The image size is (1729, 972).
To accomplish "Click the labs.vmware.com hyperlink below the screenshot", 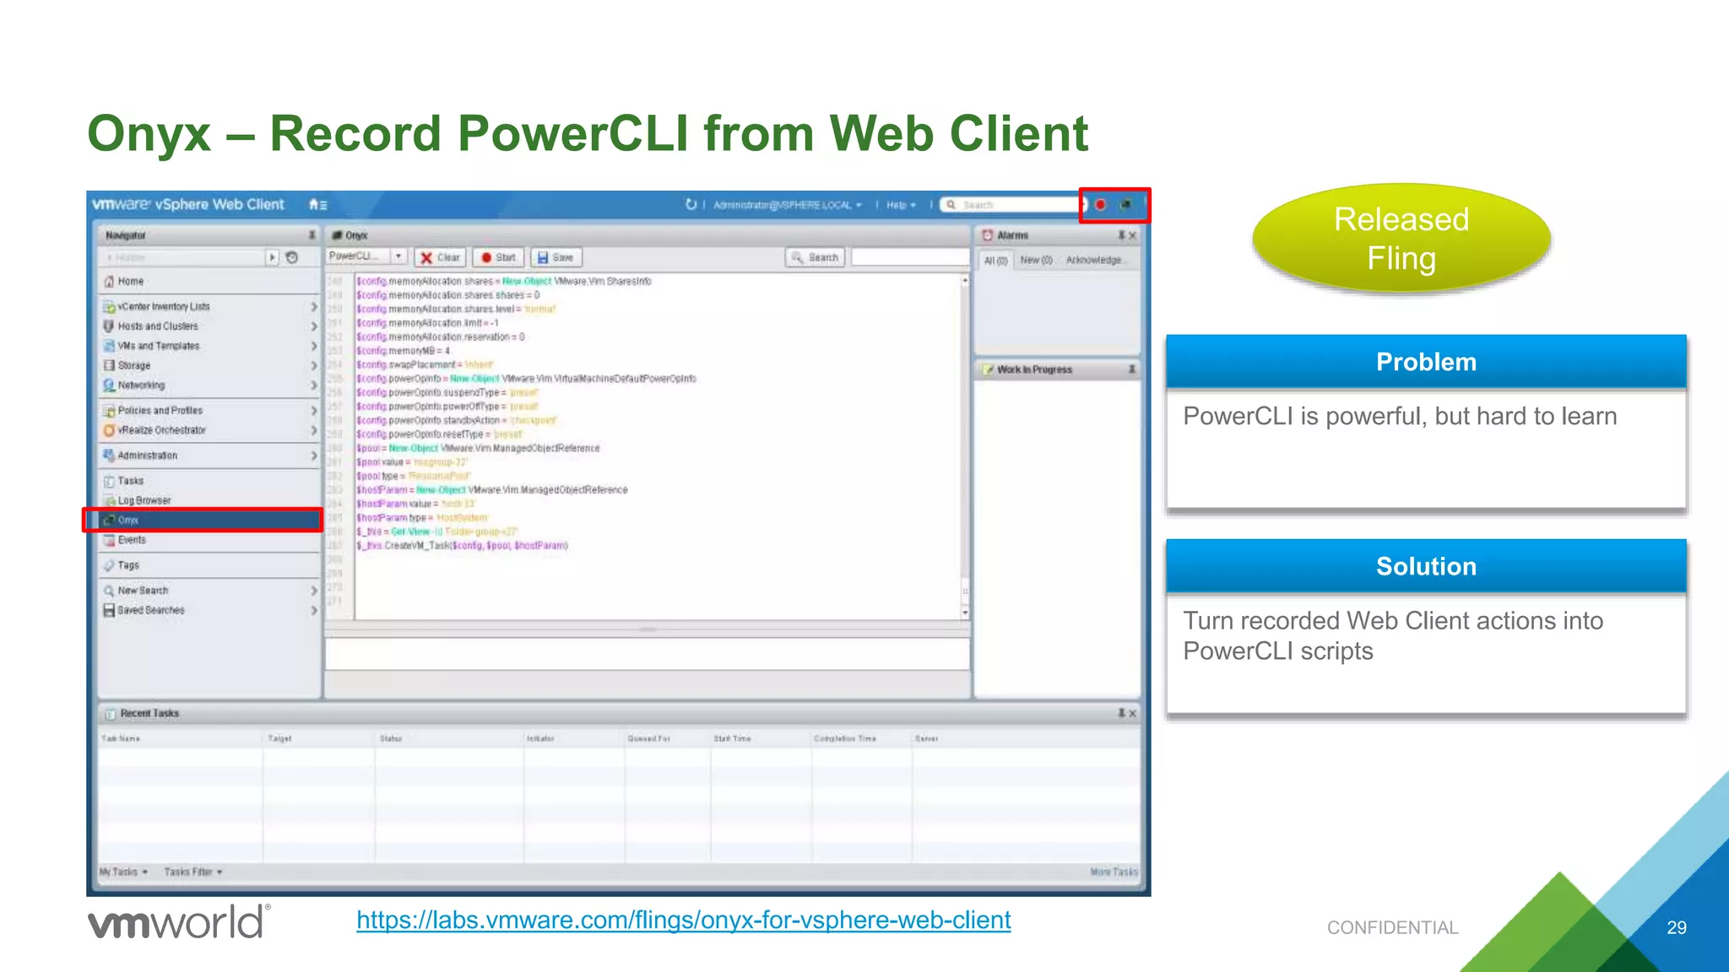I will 683,920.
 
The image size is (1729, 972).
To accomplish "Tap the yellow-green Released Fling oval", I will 1401,239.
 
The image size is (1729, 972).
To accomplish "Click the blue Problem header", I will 1426,362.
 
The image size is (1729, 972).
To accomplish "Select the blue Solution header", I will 1426,566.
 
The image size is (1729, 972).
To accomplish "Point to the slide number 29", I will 1676,927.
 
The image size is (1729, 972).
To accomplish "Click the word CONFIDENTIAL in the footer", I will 1392,927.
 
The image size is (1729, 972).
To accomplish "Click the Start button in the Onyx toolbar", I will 498,257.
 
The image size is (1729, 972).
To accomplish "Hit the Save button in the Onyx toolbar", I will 556,257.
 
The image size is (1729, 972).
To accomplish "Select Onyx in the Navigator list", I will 128,520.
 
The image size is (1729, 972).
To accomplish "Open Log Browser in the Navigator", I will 144,500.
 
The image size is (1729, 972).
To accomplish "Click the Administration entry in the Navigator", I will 148,456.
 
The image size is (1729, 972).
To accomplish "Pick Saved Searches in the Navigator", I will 151,610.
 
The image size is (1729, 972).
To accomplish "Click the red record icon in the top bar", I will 1101,204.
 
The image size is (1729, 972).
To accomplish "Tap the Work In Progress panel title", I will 1034,370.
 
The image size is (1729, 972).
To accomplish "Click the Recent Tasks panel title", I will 149,713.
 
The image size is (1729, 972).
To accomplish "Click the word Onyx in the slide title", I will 149,133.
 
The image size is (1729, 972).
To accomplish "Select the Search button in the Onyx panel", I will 816,257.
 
